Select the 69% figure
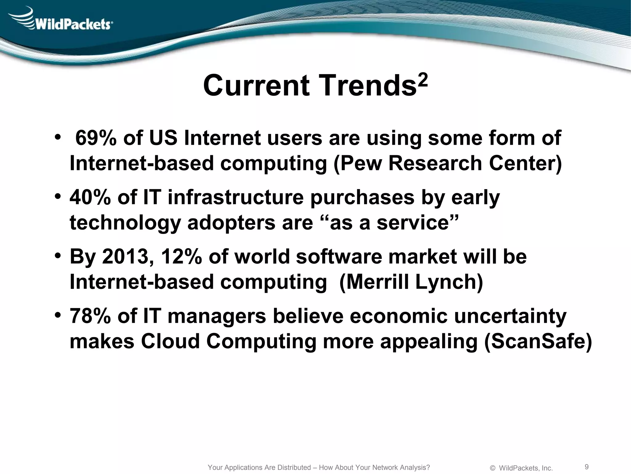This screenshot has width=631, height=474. point(96,138)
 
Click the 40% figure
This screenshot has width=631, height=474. point(90,197)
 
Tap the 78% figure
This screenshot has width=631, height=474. point(90,316)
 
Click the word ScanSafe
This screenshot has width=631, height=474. point(538,342)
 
